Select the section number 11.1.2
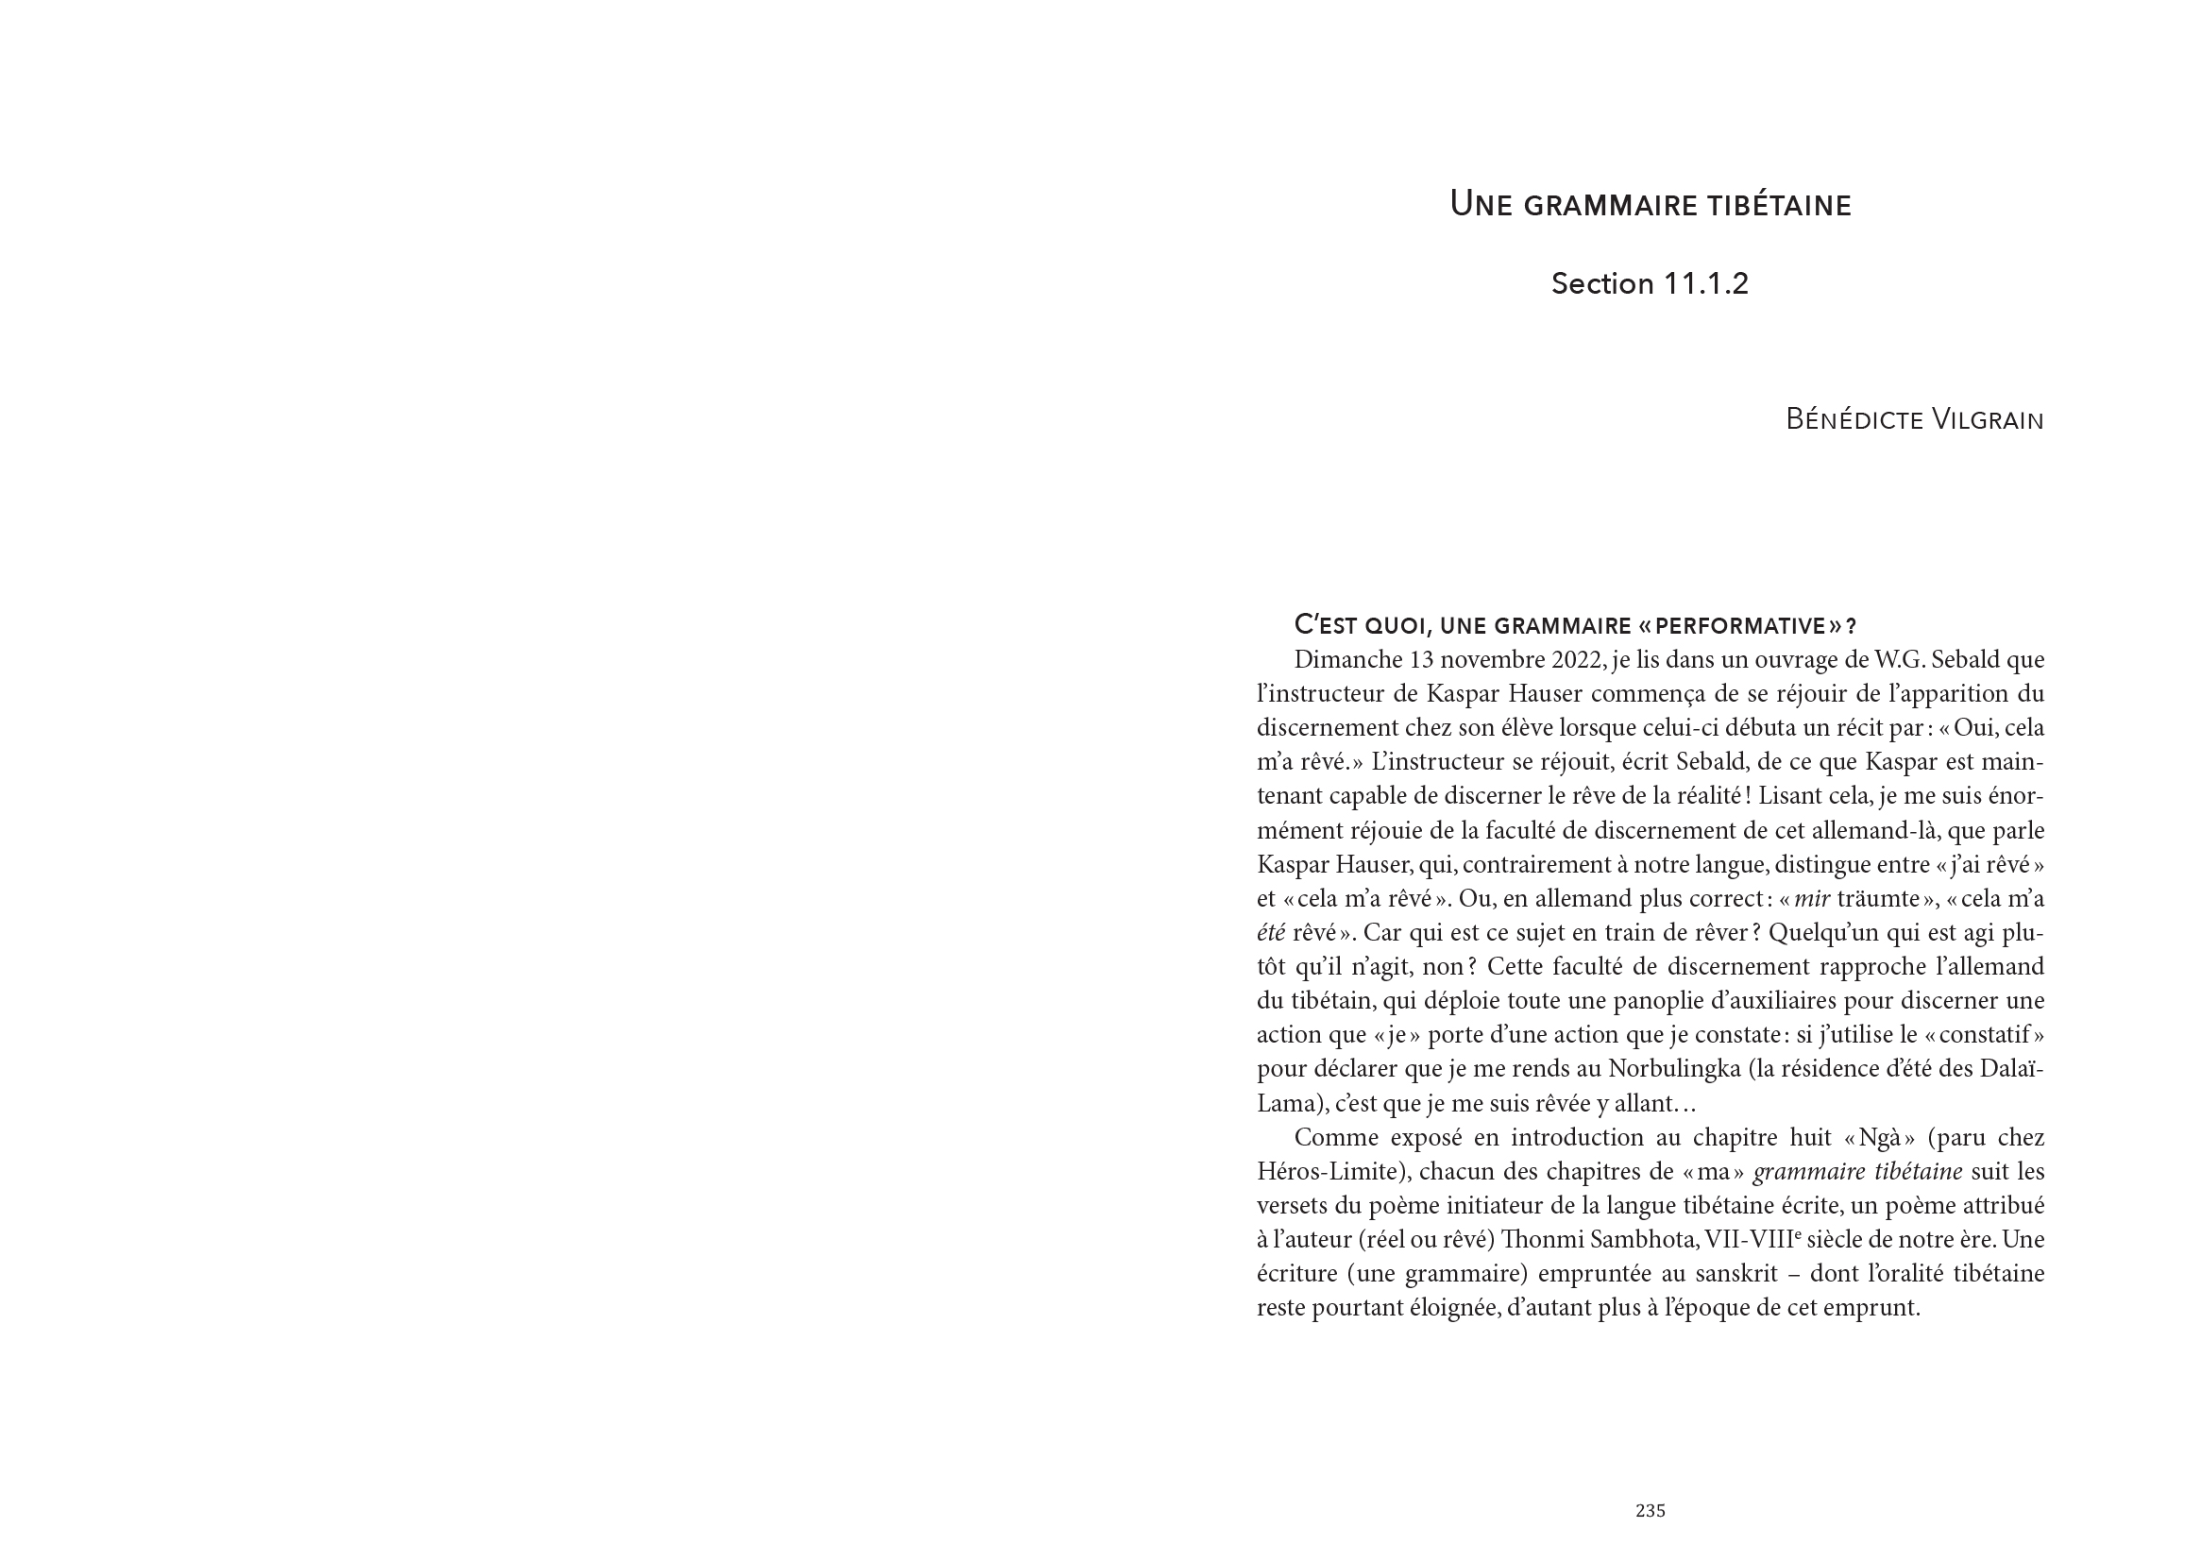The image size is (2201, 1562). pos(1702,283)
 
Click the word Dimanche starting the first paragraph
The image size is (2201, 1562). pos(1348,660)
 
